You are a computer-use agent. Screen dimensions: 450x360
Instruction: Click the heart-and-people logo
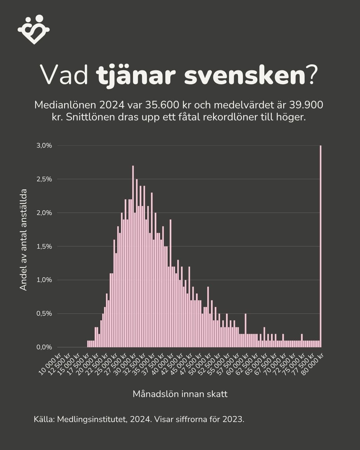tap(34, 29)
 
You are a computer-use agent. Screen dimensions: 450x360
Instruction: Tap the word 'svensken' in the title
tap(244, 76)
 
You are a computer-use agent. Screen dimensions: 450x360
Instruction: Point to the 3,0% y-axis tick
tap(44, 146)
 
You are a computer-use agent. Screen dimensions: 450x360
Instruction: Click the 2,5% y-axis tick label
tap(44, 179)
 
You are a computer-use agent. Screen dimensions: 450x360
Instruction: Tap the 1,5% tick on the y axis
tap(44, 247)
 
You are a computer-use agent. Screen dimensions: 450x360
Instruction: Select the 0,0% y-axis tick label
tap(44, 347)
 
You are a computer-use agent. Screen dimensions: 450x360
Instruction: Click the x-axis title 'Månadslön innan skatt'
tap(180, 394)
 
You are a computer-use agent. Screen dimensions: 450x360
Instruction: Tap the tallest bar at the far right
tap(321, 247)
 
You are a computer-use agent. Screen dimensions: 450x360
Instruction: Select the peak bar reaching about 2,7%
tap(133, 257)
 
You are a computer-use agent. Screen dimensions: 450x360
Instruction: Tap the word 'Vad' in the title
tap(64, 76)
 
